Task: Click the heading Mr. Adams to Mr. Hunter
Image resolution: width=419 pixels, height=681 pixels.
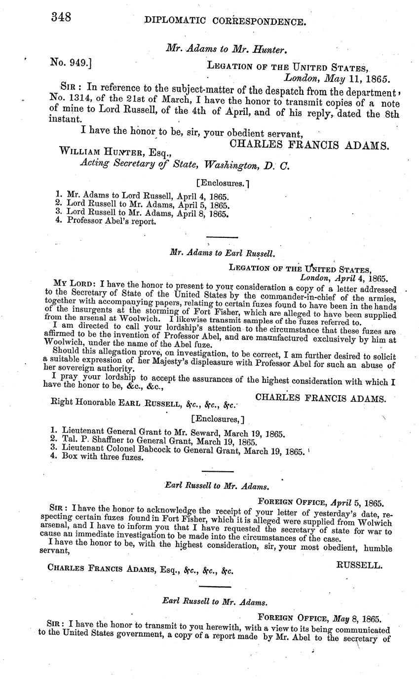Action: (227, 48)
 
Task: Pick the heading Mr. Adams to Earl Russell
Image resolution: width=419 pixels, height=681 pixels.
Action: (222, 253)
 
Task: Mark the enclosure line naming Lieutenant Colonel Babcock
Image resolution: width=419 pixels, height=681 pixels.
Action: (177, 450)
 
